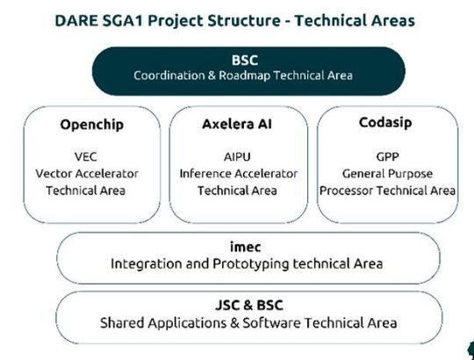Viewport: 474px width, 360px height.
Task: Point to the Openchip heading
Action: point(86,124)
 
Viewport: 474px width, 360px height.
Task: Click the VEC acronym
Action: point(86,157)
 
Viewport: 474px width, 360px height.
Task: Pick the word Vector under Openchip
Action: point(55,174)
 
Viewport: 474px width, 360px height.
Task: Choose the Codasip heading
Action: point(387,124)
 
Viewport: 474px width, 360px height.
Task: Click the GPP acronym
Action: point(387,157)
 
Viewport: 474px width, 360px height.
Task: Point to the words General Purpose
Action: point(387,174)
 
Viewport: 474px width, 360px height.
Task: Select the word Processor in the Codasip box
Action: point(349,190)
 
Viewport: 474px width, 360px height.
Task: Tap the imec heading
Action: point(247,247)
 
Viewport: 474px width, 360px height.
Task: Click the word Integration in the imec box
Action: point(147,263)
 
